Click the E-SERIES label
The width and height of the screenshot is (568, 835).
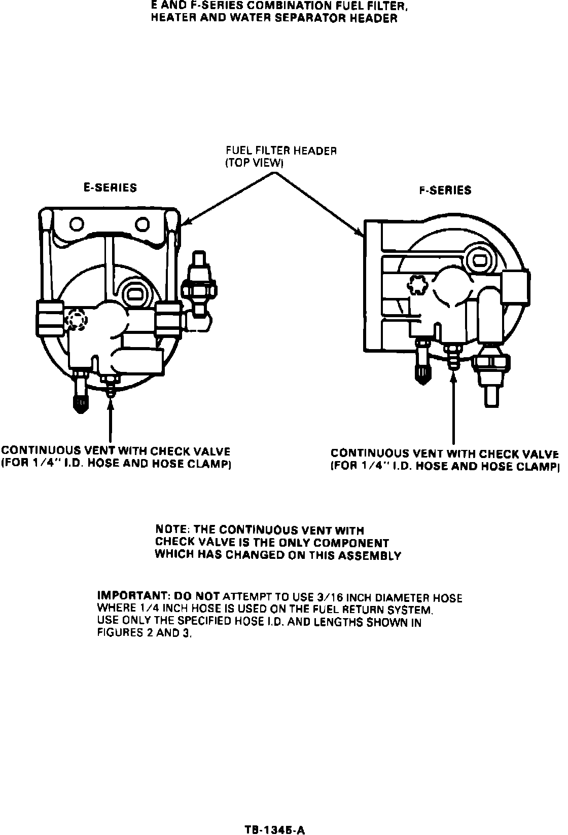pyautogui.click(x=110, y=188)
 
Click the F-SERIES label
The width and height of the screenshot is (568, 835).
pyautogui.click(x=445, y=191)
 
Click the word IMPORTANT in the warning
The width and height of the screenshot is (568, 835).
pyautogui.click(x=130, y=595)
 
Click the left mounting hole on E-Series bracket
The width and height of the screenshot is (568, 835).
pyautogui.click(x=77, y=223)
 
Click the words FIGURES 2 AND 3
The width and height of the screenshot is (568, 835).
pyautogui.click(x=145, y=633)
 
